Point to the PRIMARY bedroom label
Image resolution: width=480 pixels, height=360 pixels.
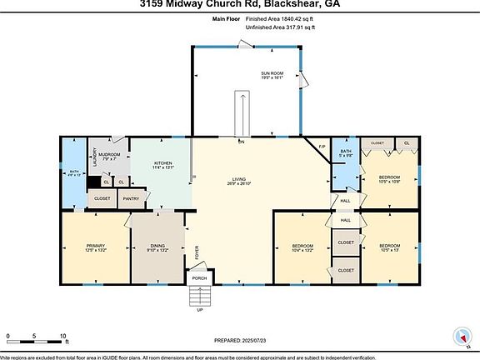coord(96,245)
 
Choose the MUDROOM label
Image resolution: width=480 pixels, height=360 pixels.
coord(110,155)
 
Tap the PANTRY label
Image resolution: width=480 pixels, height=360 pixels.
coord(131,198)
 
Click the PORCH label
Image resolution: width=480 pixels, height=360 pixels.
coord(199,277)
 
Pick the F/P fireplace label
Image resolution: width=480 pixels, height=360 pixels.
coord(322,147)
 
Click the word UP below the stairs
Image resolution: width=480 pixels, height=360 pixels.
coord(199,310)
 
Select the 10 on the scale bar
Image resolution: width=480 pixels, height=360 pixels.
coord(63,336)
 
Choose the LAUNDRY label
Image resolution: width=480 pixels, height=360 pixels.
coord(94,157)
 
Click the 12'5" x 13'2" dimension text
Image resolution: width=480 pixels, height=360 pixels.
coord(96,250)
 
